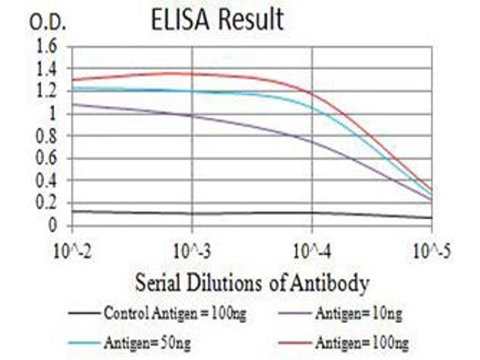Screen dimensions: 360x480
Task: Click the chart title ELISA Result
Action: click(x=217, y=20)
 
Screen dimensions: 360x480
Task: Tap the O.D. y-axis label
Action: click(x=47, y=23)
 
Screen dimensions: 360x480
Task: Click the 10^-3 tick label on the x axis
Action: click(x=192, y=250)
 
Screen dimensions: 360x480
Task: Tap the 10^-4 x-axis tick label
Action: click(x=312, y=250)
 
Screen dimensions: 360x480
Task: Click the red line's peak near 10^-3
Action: click(x=171, y=73)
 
